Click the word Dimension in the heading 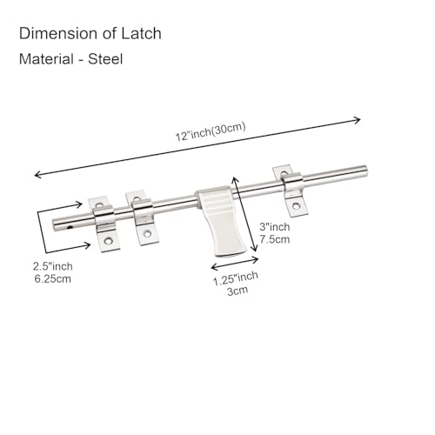coord(58,33)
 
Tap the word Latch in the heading coord(141,33)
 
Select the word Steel coord(105,59)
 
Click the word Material coord(46,59)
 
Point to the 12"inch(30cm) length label coord(211,131)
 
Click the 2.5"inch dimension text coord(53,266)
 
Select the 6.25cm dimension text coord(53,279)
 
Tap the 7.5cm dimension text coord(275,239)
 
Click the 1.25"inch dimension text coord(236,278)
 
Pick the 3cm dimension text coord(238,291)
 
